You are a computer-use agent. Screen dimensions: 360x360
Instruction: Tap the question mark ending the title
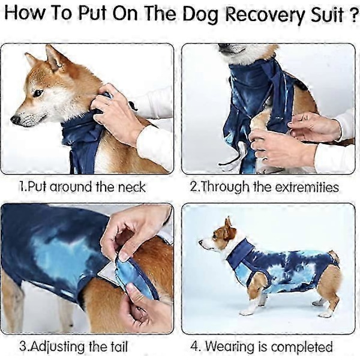click(x=355, y=14)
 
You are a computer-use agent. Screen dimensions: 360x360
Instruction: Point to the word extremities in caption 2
click(x=307, y=187)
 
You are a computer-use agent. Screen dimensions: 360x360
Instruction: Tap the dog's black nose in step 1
click(x=16, y=119)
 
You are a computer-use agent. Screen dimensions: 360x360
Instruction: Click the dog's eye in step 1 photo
click(x=38, y=93)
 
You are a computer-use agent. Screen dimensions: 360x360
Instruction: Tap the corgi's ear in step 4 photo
click(x=228, y=226)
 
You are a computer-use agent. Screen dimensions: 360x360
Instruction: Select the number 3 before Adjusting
click(x=23, y=346)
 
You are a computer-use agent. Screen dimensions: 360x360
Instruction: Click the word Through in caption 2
click(x=225, y=187)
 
